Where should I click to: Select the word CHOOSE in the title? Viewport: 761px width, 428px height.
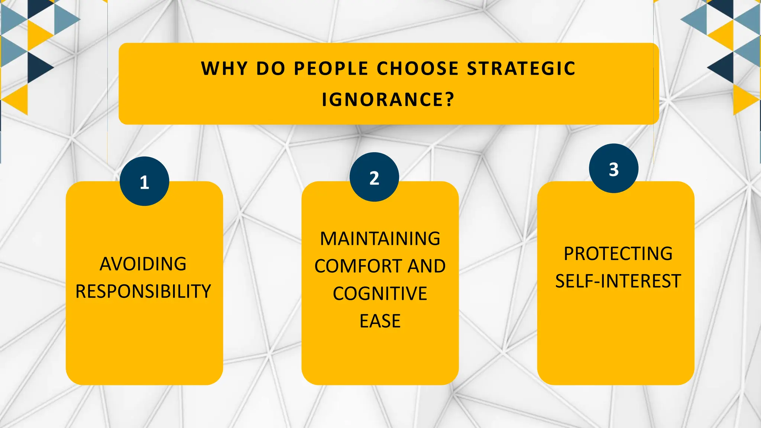pyautogui.click(x=418, y=69)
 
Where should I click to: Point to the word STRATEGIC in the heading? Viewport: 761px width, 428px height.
pyautogui.click(x=521, y=69)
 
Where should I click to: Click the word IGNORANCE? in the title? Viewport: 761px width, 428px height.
pyautogui.click(x=388, y=100)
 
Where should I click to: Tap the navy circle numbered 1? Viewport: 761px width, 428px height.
pyautogui.click(x=145, y=181)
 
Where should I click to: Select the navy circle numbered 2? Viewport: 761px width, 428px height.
pyautogui.click(x=374, y=177)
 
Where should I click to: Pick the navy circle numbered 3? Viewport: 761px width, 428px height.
pyautogui.click(x=613, y=168)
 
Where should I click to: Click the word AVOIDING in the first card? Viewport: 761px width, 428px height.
pyautogui.click(x=143, y=264)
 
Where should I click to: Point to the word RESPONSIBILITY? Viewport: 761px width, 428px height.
pyautogui.click(x=143, y=291)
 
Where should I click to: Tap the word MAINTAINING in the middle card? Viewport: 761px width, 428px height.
pyautogui.click(x=380, y=239)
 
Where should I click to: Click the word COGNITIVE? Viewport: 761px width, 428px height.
pyautogui.click(x=380, y=294)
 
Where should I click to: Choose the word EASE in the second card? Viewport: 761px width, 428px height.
pyautogui.click(x=380, y=321)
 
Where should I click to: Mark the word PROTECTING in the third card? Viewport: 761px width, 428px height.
pyautogui.click(x=618, y=254)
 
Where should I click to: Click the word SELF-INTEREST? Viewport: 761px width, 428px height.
pyautogui.click(x=618, y=281)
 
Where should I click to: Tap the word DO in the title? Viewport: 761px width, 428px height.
pyautogui.click(x=271, y=69)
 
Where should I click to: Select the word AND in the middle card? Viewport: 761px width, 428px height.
pyautogui.click(x=427, y=266)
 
